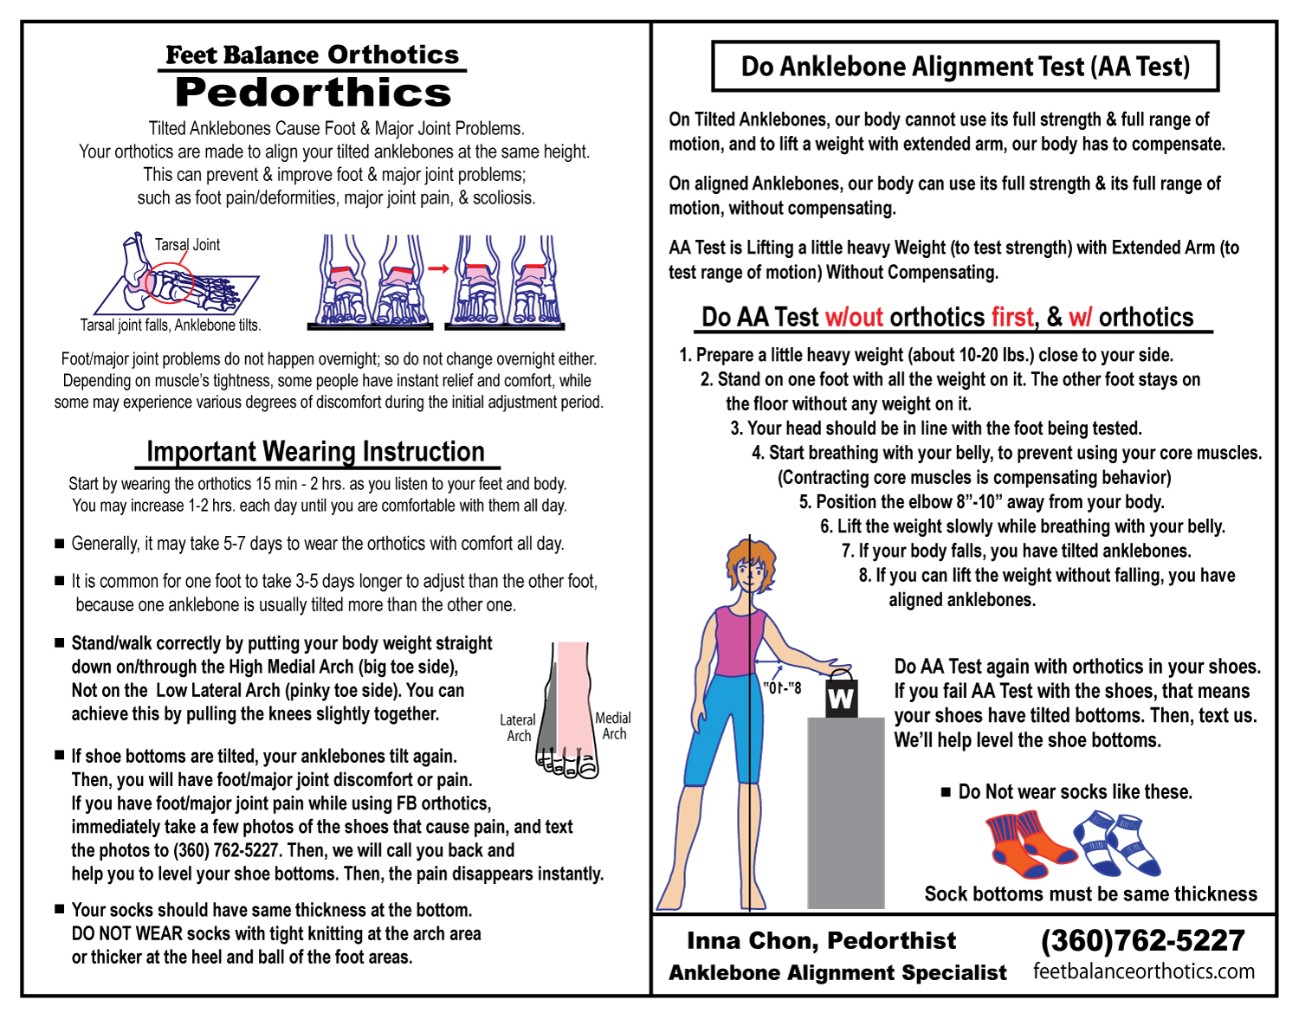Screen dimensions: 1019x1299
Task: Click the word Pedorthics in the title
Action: click(x=313, y=93)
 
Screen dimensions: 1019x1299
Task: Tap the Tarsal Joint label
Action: click(x=187, y=245)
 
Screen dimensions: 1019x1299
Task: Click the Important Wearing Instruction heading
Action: click(x=315, y=452)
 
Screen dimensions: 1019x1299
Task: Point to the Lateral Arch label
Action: click(x=518, y=727)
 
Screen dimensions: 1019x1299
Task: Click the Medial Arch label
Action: click(x=613, y=726)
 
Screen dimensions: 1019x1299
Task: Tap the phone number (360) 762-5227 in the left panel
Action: click(x=228, y=850)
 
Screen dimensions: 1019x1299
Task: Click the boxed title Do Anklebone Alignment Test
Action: click(x=965, y=67)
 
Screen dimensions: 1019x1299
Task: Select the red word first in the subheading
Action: click(x=1012, y=318)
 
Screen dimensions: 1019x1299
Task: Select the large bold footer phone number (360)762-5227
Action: click(x=1142, y=940)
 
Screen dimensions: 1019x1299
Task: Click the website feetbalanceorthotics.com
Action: click(x=1143, y=971)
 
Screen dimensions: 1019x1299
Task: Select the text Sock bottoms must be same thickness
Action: click(x=1090, y=894)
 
